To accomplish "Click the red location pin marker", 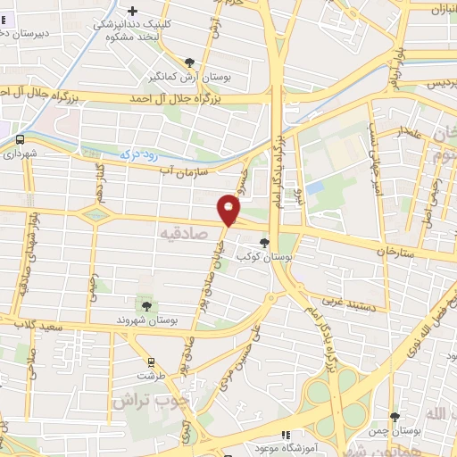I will [229, 211].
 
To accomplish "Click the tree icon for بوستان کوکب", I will [263, 241].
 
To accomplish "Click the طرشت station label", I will [153, 377].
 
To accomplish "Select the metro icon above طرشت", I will [151, 362].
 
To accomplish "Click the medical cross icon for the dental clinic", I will [133, 12].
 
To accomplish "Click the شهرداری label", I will [22, 154].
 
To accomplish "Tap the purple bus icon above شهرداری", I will [18, 139].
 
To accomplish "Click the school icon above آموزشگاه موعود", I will [286, 436].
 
